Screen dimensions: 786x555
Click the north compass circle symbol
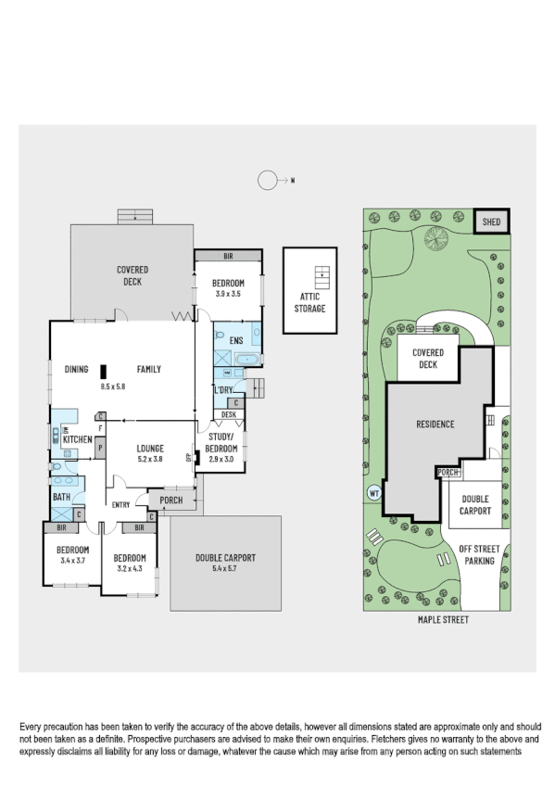coord(268,181)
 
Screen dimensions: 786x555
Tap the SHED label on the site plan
coord(491,222)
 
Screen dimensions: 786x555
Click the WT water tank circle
coord(373,492)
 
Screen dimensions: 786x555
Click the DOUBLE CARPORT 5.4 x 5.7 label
coord(225,563)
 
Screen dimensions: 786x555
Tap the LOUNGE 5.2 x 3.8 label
coord(149,452)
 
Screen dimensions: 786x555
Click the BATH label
coord(62,498)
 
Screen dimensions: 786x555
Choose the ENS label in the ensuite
coord(234,340)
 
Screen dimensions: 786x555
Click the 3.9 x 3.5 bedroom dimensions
coord(227,293)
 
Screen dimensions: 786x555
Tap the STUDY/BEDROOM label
coord(222,444)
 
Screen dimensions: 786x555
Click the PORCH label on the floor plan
coord(171,501)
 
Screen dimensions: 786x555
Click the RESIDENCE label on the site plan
coord(435,425)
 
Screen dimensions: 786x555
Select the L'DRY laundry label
coord(222,390)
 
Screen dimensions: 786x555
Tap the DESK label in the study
coord(228,414)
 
